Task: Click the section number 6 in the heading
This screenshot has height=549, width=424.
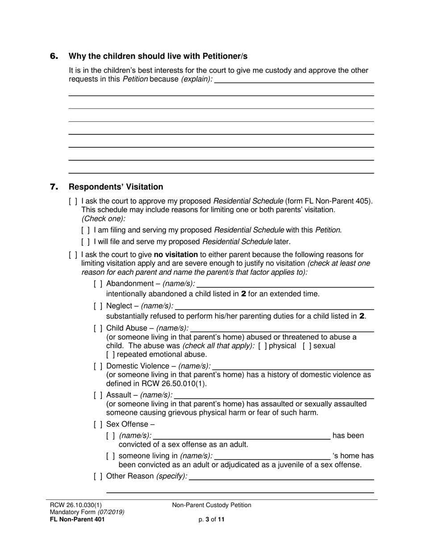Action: [54, 56]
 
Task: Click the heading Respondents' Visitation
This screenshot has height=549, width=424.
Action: [116, 187]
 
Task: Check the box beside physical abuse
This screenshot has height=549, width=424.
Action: [263, 346]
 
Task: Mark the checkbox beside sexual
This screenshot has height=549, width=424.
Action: [307, 346]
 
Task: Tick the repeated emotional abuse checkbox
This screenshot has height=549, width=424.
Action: [110, 355]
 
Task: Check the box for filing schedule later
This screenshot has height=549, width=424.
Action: [85, 242]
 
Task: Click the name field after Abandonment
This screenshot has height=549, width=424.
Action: [285, 284]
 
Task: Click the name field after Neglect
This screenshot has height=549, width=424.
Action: [274, 306]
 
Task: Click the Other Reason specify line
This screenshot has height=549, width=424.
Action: [281, 476]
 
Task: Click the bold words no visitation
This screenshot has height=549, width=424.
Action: [175, 255]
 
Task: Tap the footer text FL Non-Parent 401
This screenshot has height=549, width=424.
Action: [77, 520]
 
